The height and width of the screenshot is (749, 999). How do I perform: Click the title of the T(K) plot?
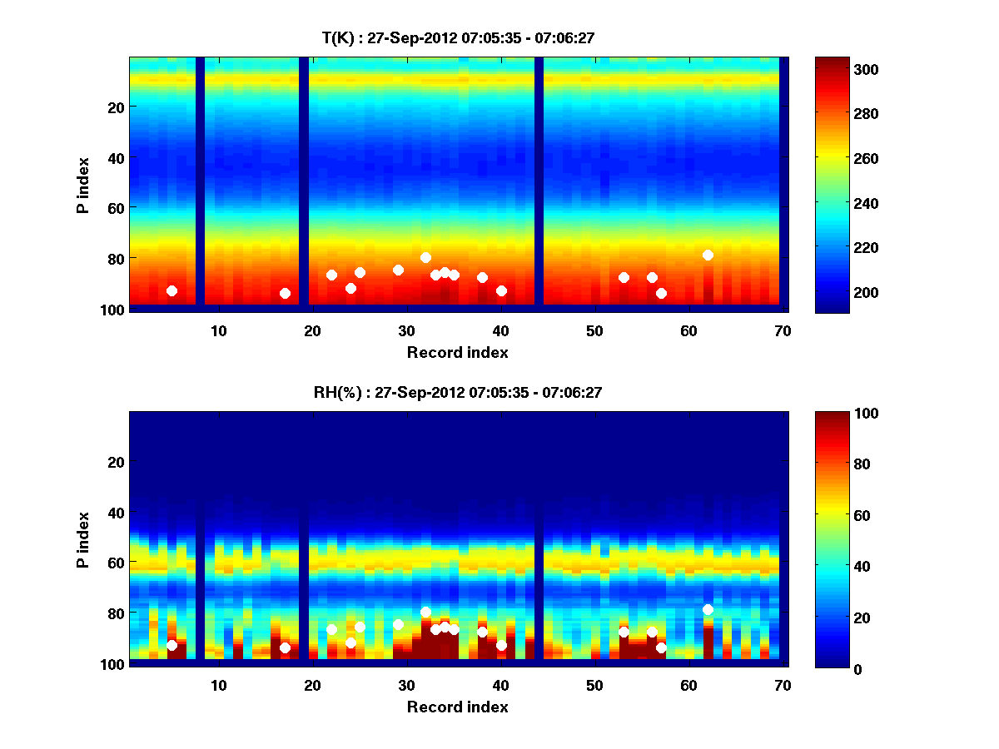(x=457, y=37)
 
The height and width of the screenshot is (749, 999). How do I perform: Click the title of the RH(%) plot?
(x=457, y=393)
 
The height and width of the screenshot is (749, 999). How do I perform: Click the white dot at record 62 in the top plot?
(x=708, y=255)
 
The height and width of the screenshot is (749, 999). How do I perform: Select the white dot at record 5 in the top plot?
(x=171, y=290)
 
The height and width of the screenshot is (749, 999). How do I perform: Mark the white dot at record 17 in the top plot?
(x=285, y=293)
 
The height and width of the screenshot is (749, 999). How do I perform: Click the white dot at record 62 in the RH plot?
(x=708, y=609)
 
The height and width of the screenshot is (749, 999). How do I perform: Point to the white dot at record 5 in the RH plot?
(x=171, y=645)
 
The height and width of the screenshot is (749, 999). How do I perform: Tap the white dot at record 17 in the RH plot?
(x=285, y=647)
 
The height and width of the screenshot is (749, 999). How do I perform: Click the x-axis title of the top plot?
(x=457, y=352)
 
